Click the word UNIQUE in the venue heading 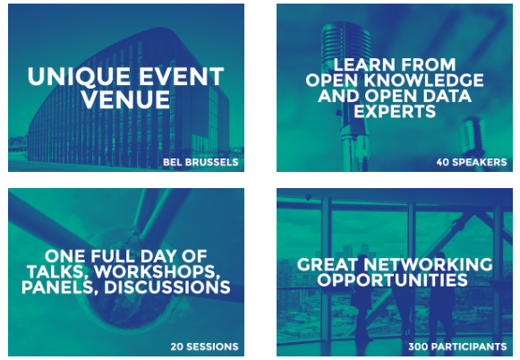pyautogui.click(x=79, y=77)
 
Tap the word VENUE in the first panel pyautogui.click(x=125, y=99)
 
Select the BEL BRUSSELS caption pyautogui.click(x=200, y=162)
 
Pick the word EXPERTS pyautogui.click(x=395, y=111)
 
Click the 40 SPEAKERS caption pyautogui.click(x=472, y=162)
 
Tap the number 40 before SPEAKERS pyautogui.click(x=443, y=162)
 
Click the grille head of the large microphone pyautogui.click(x=345, y=43)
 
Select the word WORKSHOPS pyautogui.click(x=158, y=272)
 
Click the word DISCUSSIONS pyautogui.click(x=167, y=287)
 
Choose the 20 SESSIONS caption pyautogui.click(x=205, y=347)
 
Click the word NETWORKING pyautogui.click(x=428, y=264)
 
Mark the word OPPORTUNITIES pyautogui.click(x=392, y=280)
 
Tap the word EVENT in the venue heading pyautogui.click(x=181, y=77)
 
